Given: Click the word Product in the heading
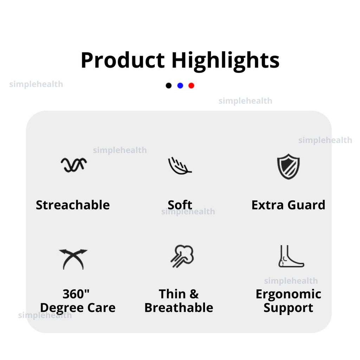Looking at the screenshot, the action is click(x=123, y=60).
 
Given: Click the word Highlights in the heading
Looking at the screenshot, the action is click(x=225, y=61).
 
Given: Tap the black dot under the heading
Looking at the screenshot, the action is click(x=168, y=86).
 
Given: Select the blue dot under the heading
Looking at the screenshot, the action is click(x=180, y=86).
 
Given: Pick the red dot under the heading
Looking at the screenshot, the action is click(x=191, y=86).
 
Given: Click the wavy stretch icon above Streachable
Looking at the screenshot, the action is click(x=73, y=165).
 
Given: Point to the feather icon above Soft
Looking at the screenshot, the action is click(x=180, y=166).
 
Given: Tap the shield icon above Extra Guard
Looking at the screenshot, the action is click(x=288, y=167).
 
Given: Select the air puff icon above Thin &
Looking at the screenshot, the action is click(x=182, y=256).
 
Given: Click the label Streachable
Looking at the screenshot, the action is click(x=73, y=205).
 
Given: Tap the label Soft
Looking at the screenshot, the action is click(x=180, y=205).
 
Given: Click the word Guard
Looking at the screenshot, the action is click(x=306, y=205).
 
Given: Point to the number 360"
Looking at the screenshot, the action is click(x=76, y=294).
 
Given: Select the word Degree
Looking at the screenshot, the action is click(x=62, y=308).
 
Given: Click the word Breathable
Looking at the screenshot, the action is click(x=179, y=308).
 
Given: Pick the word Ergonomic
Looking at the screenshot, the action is click(x=288, y=295).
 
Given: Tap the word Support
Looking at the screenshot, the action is click(x=288, y=308).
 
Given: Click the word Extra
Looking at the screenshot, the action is click(x=268, y=205).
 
